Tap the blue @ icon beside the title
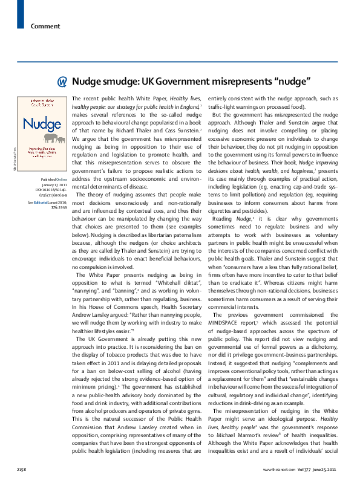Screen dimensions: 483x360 pyautogui.click(x=62, y=82)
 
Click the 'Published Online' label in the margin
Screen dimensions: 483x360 pyautogui.click(x=53, y=180)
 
